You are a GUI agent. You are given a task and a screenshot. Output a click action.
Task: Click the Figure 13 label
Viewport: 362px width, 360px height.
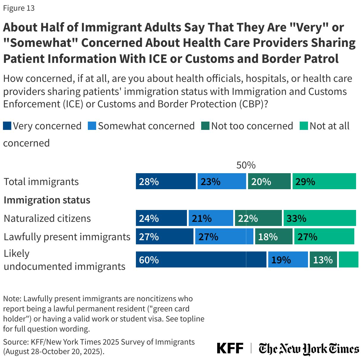tap(19, 8)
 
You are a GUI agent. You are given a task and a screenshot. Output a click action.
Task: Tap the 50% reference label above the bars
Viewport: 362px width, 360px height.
tap(246, 165)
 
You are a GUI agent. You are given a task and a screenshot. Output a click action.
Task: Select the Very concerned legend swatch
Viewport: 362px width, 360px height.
tap(7, 126)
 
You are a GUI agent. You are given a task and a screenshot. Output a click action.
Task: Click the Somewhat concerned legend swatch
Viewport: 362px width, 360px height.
tap(92, 126)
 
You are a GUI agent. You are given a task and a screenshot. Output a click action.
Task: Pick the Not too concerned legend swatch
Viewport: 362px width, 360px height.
tap(205, 126)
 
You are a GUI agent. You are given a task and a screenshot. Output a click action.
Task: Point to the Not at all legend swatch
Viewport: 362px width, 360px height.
tap(304, 126)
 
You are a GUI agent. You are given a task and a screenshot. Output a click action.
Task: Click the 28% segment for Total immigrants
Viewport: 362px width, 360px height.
tap(166, 181)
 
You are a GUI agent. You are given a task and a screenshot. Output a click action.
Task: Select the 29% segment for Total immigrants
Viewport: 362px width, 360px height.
tap(324, 181)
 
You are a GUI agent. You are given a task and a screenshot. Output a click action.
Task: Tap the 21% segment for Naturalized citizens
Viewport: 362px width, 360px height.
tap(211, 218)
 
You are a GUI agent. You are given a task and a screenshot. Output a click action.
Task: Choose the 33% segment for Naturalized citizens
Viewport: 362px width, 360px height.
tap(320, 218)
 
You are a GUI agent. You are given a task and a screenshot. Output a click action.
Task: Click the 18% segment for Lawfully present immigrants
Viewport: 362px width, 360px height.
tap(274, 236)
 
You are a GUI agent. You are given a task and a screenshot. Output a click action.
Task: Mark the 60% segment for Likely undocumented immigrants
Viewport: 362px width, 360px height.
tap(201, 259)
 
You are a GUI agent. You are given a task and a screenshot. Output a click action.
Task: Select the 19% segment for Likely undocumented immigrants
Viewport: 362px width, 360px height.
tap(288, 259)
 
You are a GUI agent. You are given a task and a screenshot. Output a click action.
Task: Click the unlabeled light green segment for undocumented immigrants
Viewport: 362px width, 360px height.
tap(348, 259)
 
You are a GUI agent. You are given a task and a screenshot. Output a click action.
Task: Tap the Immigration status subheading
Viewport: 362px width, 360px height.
tap(47, 200)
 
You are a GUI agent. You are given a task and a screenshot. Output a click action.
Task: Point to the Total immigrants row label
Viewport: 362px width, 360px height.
tap(41, 181)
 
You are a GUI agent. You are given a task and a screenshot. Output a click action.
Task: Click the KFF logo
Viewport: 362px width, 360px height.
tap(230, 348)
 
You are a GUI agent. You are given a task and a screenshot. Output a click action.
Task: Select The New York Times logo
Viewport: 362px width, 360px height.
tap(309, 349)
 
